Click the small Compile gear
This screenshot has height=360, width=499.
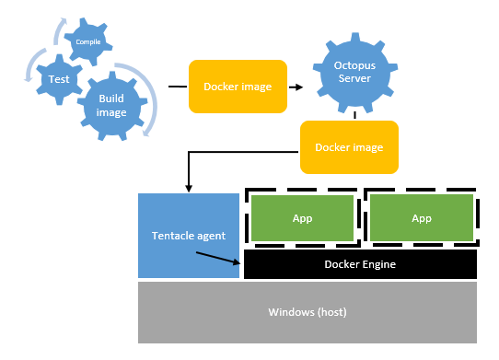coord(89,41)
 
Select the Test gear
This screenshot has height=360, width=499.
coord(59,80)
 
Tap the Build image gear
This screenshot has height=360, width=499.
coord(110,106)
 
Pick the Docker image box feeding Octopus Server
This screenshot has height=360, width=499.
coord(238,87)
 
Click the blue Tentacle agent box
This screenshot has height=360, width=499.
coord(188,236)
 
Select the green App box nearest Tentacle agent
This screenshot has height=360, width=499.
coord(302,219)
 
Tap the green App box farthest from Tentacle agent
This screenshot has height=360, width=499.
coord(422,219)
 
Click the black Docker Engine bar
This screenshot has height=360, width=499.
coord(359,264)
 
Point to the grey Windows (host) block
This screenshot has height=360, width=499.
coord(307,312)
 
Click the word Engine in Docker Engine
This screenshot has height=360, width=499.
coord(378,264)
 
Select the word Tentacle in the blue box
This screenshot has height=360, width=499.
coord(173,236)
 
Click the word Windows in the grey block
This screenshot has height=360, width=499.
coord(290,312)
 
